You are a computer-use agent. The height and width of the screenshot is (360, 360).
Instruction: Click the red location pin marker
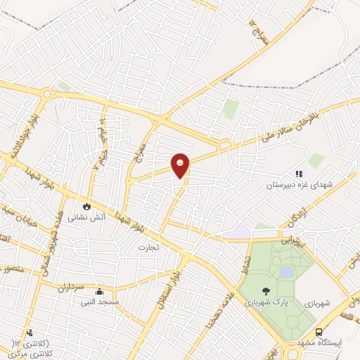[x=181, y=165]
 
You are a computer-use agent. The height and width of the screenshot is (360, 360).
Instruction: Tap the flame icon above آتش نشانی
[x=86, y=207]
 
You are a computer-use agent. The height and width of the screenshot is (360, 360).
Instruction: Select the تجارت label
[x=149, y=247]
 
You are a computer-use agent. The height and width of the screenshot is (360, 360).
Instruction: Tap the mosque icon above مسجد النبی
[x=100, y=292]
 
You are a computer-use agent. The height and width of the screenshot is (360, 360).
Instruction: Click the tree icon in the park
[x=265, y=291]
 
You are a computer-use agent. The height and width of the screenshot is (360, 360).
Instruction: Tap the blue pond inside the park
[x=286, y=271]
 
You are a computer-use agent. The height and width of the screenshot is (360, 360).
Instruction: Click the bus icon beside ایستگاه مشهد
[x=319, y=333]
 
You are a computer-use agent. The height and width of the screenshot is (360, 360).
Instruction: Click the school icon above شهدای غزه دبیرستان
[x=298, y=174]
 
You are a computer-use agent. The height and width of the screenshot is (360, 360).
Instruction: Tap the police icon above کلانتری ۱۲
[x=29, y=333]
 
